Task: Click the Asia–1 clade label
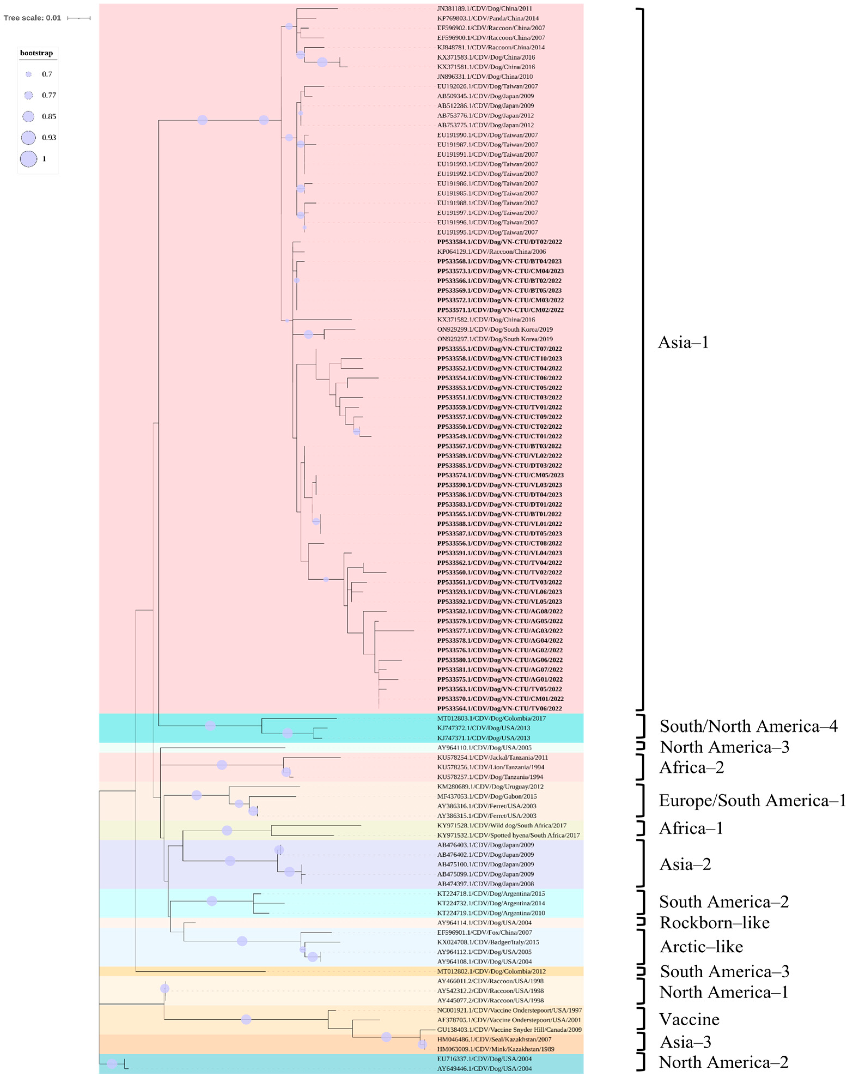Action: (683, 343)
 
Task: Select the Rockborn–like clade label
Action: (714, 923)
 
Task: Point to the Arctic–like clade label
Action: (701, 947)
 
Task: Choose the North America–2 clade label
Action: (723, 1062)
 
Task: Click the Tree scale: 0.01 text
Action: (32, 18)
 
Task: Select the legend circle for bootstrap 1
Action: (28, 159)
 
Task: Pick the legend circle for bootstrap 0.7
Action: (28, 74)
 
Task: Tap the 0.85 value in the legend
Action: (49, 117)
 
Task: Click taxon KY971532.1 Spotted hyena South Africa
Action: (501, 835)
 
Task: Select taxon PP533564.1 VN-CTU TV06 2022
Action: (500, 708)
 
